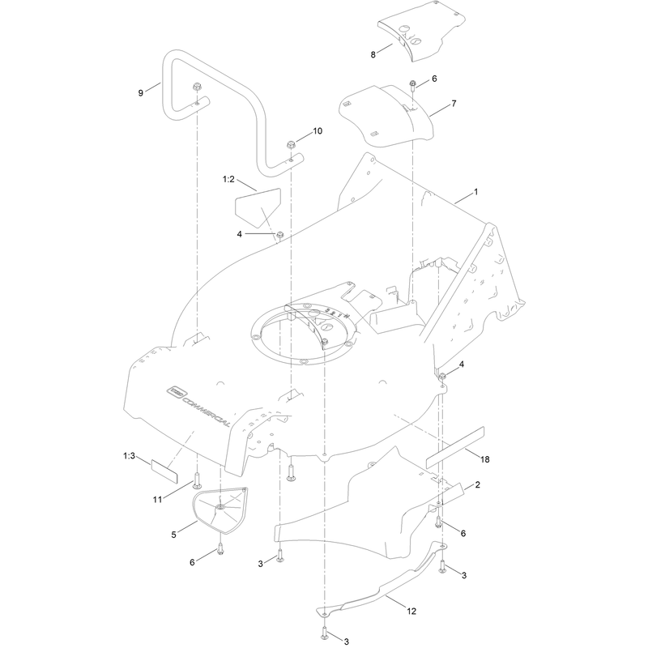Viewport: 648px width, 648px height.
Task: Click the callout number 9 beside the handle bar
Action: click(x=141, y=93)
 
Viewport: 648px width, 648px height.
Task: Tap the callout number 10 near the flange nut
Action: click(x=318, y=131)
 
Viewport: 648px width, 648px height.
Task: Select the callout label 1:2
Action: click(x=228, y=179)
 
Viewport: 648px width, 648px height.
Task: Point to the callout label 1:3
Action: click(x=129, y=456)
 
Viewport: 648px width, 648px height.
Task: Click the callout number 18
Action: click(x=484, y=459)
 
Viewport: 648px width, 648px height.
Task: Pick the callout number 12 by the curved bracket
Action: click(x=411, y=611)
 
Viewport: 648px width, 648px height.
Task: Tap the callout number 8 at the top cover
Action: click(x=373, y=54)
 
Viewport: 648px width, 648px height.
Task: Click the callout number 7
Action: click(x=454, y=104)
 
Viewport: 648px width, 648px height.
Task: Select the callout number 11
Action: click(x=157, y=500)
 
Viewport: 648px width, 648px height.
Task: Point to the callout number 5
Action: click(x=173, y=535)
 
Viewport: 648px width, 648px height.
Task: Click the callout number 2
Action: click(x=478, y=484)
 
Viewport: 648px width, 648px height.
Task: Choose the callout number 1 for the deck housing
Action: click(x=475, y=192)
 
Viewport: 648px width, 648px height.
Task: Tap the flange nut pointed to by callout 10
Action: click(x=291, y=145)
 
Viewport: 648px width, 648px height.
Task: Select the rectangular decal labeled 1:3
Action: click(x=164, y=471)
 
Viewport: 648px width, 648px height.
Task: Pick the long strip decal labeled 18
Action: click(x=455, y=447)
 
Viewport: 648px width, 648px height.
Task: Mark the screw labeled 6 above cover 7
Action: click(x=412, y=86)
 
